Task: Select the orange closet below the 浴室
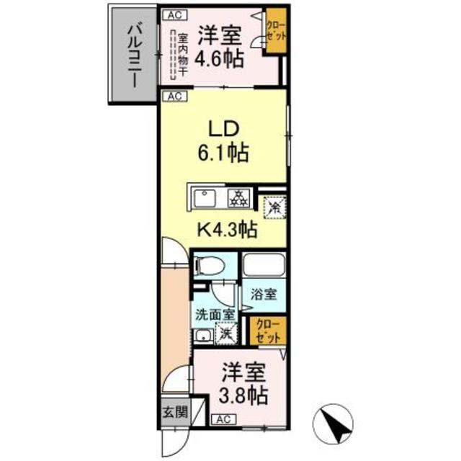[267, 330]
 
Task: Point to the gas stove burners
[238, 197]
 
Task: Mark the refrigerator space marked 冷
[273, 206]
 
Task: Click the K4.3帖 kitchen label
[228, 230]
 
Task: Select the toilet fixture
[206, 267]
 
